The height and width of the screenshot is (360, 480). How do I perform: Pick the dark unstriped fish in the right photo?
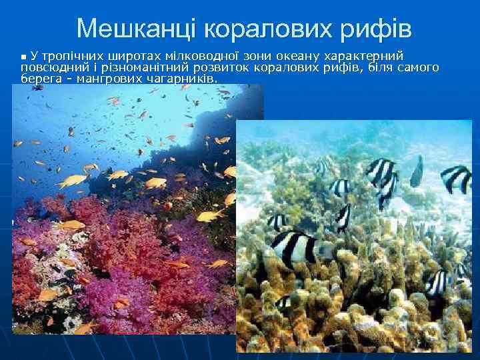417,172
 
